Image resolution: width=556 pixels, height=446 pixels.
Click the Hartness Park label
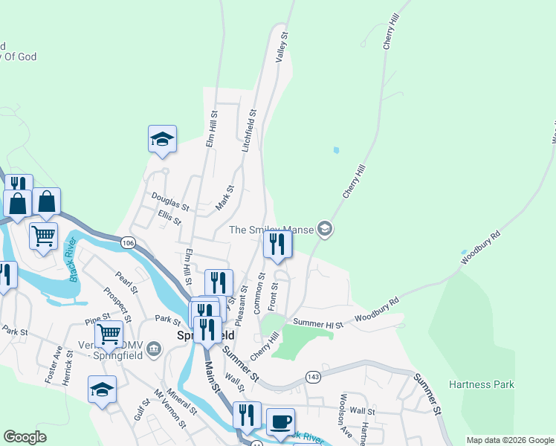pos(481,384)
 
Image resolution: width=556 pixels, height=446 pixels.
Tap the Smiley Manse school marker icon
pos(323,229)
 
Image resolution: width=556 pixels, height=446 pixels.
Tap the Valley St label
pos(282,46)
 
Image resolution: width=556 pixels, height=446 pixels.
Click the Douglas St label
pos(170,201)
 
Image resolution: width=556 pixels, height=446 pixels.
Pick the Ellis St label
pos(169,217)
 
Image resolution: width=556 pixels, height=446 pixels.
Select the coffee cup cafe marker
pos(280,421)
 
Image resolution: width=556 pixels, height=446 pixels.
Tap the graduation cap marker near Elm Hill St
pos(162,139)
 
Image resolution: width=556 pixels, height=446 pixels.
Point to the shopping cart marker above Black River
pos(44,236)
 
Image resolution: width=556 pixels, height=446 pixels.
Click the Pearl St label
pos(123,284)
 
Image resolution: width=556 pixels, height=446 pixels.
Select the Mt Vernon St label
pos(170,410)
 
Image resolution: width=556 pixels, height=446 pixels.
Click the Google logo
pos(25,437)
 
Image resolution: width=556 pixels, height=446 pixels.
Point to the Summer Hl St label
pos(318,324)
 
